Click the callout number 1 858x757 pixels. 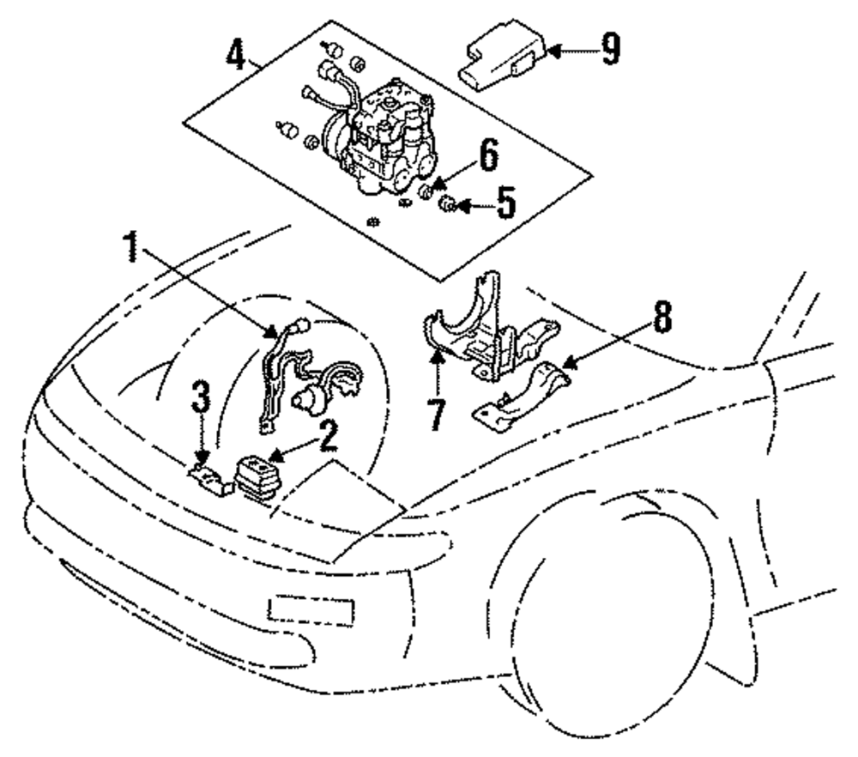point(131,249)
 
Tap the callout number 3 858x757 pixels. point(200,400)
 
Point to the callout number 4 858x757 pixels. point(234,53)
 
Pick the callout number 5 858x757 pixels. point(505,205)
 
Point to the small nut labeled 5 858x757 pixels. point(447,204)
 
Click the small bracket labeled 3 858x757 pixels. point(208,478)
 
